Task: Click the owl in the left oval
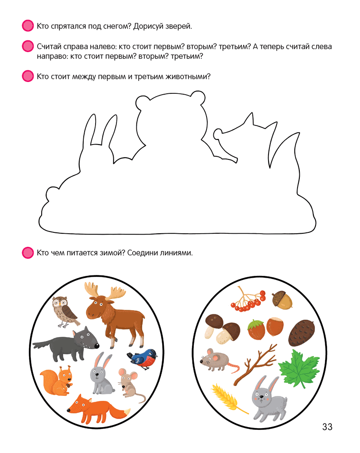pos(65,312)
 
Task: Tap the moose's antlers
pos(105,291)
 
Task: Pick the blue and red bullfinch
pos(143,359)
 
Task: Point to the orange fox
pos(98,408)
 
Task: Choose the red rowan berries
pos(248,299)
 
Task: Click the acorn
pos(282,299)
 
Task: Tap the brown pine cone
pos(301,333)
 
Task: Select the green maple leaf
pos(298,368)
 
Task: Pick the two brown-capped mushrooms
pos(222,329)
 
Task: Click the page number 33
pos(327,427)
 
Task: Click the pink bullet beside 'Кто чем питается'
pos(28,252)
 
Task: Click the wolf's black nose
pos(97,345)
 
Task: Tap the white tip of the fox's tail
pos(127,413)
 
